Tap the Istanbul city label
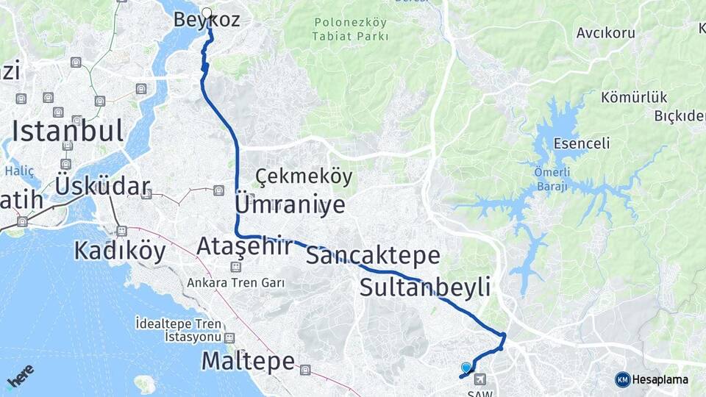(68, 132)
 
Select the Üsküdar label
(102, 187)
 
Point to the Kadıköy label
(120, 251)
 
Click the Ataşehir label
(244, 246)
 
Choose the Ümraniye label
(290, 204)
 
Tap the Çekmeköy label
(304, 176)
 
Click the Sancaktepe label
(373, 256)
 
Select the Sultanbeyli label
(424, 287)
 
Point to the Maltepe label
(248, 361)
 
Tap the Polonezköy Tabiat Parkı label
(349, 29)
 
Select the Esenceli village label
(582, 143)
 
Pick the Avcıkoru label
(605, 33)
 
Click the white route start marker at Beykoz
(207, 12)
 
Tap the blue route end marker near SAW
(466, 368)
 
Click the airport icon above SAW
(481, 379)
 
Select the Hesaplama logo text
(659, 379)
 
